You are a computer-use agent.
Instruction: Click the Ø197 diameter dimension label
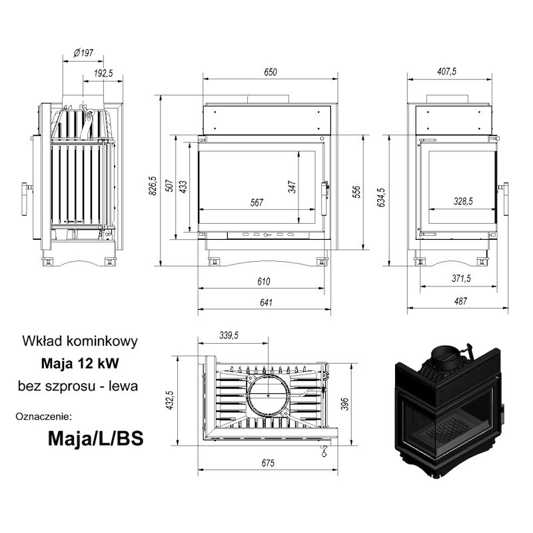point(83,53)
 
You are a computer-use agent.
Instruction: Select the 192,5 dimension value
point(103,73)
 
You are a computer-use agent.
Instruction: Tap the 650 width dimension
point(270,72)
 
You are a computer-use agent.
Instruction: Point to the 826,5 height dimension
point(153,186)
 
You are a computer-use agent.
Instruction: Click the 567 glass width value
point(257,203)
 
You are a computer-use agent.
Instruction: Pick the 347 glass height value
point(292,187)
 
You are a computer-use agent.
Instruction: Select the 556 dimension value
point(356,192)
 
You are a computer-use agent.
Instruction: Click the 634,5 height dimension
point(381,197)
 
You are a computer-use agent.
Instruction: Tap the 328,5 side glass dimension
point(463,201)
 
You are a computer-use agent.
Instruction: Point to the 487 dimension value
point(460,301)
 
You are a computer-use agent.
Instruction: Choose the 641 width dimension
point(266,302)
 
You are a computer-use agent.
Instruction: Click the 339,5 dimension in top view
point(229,336)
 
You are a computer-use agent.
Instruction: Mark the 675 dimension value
point(268,463)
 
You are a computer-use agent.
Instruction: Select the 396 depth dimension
point(344,404)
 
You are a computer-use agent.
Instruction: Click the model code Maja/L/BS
point(95,439)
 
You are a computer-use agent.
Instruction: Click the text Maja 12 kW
point(80,363)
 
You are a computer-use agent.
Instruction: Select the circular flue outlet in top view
point(268,396)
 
